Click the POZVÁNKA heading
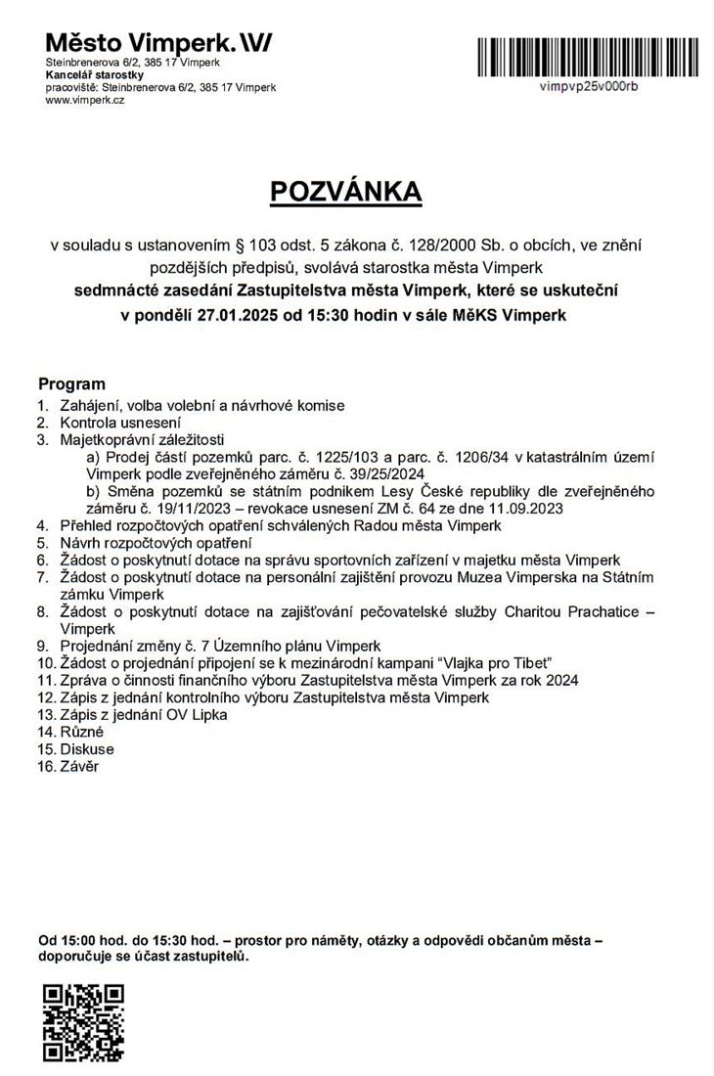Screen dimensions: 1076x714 tap(346, 192)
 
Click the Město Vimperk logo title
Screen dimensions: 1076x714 tap(159, 43)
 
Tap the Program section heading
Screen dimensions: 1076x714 tap(71, 384)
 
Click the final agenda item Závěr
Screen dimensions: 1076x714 tap(79, 766)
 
